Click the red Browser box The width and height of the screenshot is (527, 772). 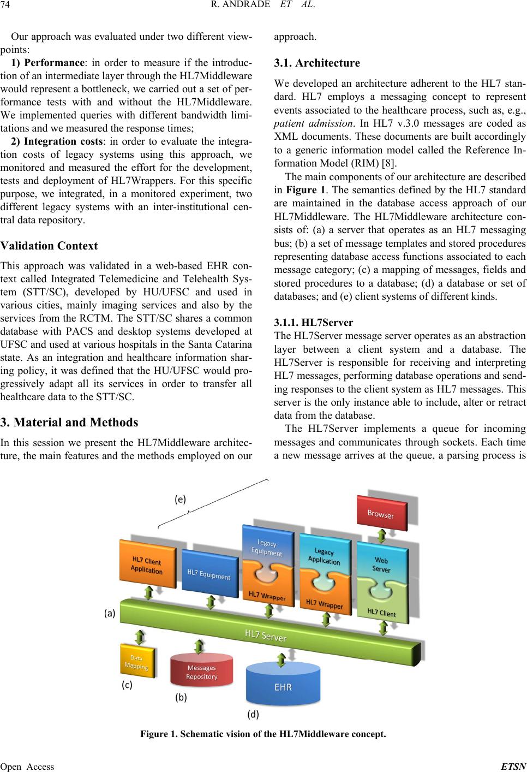(382, 513)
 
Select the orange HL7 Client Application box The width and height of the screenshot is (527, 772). (147, 564)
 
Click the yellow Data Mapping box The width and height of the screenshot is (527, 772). (137, 661)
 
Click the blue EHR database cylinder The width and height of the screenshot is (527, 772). (283, 685)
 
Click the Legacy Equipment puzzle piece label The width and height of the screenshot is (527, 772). (266, 548)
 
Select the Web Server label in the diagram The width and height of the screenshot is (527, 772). (381, 565)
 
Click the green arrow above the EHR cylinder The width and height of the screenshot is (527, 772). (282, 660)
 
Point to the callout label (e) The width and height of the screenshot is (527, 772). (180, 499)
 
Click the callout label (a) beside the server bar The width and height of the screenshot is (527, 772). (110, 613)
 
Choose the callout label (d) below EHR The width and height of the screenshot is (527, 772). (253, 715)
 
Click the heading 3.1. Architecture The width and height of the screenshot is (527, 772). (317, 63)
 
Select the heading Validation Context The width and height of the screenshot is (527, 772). (49, 245)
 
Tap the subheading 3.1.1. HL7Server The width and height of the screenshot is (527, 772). (314, 322)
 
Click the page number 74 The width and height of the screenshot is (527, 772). (5, 4)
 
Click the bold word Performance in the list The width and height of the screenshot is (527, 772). (54, 62)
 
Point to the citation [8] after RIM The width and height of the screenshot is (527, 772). (388, 163)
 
